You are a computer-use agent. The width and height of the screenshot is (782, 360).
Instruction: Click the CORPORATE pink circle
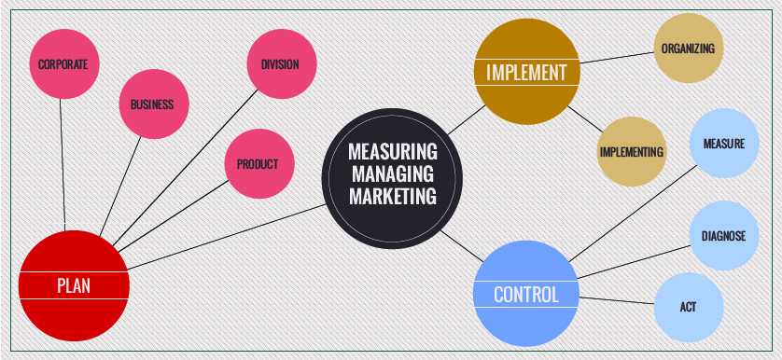(63, 64)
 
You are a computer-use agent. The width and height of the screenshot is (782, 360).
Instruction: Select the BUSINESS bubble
(152, 104)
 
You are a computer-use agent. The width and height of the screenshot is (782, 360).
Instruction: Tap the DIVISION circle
(280, 64)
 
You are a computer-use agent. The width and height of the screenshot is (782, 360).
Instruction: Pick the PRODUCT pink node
(258, 164)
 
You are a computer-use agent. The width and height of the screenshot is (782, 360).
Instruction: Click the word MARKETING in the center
(393, 197)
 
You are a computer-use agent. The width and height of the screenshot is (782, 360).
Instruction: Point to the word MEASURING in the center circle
(393, 151)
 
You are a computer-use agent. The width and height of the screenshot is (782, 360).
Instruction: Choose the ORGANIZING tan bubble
(688, 48)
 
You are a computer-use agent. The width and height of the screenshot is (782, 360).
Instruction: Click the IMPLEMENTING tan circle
(632, 151)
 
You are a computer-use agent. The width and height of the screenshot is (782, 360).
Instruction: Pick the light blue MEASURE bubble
(723, 144)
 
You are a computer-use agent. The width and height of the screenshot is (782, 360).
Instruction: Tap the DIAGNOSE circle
(723, 236)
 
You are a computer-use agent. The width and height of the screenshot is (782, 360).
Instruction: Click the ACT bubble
(688, 307)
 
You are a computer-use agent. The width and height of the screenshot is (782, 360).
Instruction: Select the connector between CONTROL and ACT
(616, 299)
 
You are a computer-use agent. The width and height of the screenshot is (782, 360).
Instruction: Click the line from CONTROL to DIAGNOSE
(635, 261)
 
